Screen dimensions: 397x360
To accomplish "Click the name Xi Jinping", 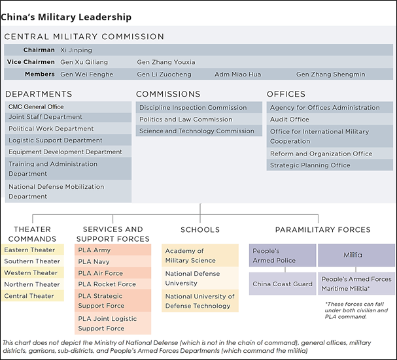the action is click(76, 50).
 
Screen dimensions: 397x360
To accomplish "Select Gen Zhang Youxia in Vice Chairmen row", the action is click(166, 62).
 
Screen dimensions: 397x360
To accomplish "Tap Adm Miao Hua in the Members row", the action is click(238, 74).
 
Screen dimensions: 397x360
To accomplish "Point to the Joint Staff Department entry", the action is click(68, 117).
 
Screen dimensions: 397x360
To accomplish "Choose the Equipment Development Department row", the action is click(68, 152).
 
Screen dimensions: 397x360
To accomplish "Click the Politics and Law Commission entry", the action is click(199, 119).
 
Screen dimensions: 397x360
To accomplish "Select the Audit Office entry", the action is click(330, 119).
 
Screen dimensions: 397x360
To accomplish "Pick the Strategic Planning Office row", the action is click(330, 165).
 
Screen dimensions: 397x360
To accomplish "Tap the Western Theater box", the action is click(33, 272).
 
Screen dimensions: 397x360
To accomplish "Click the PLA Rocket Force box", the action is click(113, 284).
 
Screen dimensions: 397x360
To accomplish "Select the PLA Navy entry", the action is click(113, 261).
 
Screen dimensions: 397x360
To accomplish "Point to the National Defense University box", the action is click(200, 278).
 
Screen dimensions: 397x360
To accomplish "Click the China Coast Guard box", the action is click(283, 284).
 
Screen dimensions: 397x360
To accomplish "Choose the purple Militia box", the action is click(356, 255).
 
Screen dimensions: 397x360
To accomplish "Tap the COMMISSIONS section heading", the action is click(168, 94).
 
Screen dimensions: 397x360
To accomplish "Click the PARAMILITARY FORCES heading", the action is click(323, 230).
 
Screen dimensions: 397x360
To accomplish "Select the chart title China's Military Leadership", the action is click(66, 17).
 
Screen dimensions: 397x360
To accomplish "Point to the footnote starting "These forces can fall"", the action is click(356, 310).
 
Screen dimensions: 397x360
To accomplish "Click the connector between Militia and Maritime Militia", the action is click(356, 269).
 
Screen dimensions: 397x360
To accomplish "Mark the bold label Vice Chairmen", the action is click(31, 62).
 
